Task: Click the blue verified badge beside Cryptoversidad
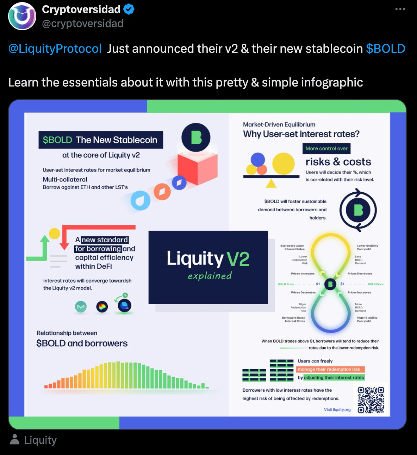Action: click(129, 9)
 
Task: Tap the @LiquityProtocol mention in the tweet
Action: click(55, 49)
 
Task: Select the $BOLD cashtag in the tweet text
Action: click(385, 49)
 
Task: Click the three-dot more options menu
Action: click(400, 9)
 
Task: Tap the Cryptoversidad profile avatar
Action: click(22, 16)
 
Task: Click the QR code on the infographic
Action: click(371, 399)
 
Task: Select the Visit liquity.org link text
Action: click(337, 410)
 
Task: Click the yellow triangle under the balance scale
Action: click(271, 183)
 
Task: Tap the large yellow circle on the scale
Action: click(284, 164)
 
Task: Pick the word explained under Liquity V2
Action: click(210, 276)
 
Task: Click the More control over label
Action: click(326, 148)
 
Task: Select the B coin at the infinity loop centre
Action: click(330, 284)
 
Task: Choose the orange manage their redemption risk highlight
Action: click(330, 369)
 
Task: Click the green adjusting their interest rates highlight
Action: click(334, 377)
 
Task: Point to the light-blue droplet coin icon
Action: click(141, 201)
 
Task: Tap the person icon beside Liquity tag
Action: click(15, 440)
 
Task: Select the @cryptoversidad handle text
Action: click(83, 24)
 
